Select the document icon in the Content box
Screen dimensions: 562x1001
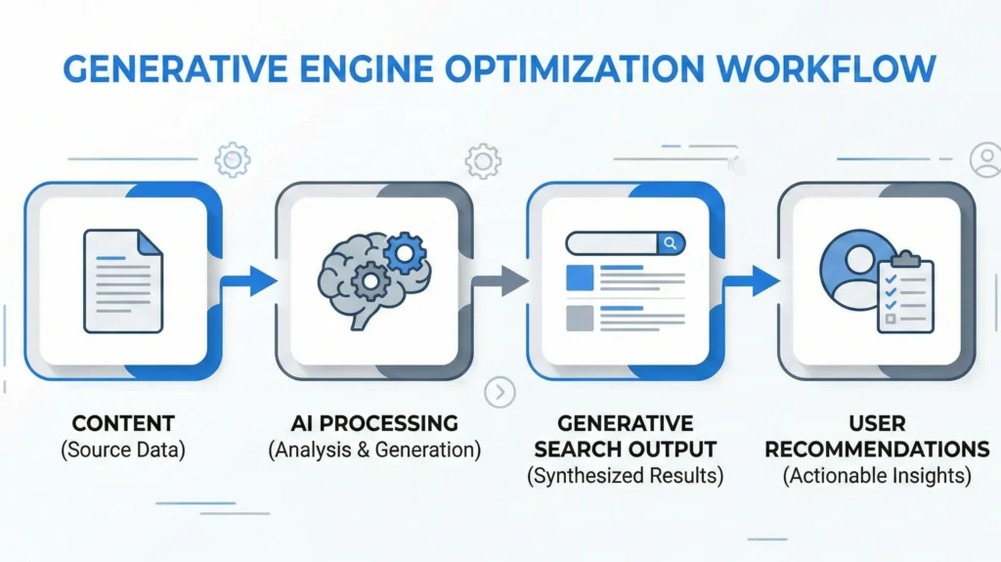tap(123, 281)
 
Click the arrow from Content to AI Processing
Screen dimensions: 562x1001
tap(249, 282)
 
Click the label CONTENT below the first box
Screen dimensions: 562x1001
tap(123, 424)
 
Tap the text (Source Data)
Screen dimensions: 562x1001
tap(123, 451)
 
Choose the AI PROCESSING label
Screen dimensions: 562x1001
tap(374, 424)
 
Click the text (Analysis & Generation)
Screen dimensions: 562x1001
tap(374, 451)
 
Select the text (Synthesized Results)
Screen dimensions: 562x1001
tap(626, 476)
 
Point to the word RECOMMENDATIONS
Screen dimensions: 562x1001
tap(877, 450)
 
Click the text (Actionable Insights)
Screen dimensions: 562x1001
tap(877, 476)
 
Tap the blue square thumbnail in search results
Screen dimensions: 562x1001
tap(580, 277)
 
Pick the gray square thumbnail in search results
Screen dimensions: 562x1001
tap(580, 318)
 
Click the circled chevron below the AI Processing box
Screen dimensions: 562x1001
tap(500, 393)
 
